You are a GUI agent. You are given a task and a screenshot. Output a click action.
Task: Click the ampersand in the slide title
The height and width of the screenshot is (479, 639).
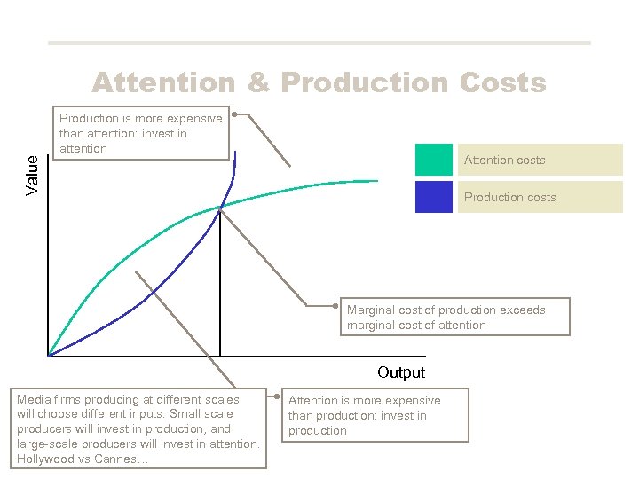258,82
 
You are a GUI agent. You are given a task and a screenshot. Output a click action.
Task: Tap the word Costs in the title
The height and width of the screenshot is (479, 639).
502,82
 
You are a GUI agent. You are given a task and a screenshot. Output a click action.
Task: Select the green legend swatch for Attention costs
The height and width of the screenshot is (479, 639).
433,160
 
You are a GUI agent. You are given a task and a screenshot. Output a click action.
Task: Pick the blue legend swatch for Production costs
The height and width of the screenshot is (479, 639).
433,197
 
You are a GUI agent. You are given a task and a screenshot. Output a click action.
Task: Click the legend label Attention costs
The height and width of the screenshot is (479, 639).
505,161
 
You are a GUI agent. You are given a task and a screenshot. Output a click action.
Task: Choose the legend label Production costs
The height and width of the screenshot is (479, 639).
510,197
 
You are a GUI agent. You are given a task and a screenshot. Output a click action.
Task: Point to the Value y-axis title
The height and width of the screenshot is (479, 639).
33,175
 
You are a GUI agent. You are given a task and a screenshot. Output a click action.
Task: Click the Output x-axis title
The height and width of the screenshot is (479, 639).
401,373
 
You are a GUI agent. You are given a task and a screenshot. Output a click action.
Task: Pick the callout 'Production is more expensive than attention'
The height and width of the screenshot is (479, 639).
140,133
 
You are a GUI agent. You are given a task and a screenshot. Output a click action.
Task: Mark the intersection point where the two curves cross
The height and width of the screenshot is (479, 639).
219,207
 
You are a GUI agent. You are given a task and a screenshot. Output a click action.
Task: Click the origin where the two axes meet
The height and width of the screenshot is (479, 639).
49,357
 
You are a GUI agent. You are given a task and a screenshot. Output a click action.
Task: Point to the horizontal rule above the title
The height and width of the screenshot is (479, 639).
319,43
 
